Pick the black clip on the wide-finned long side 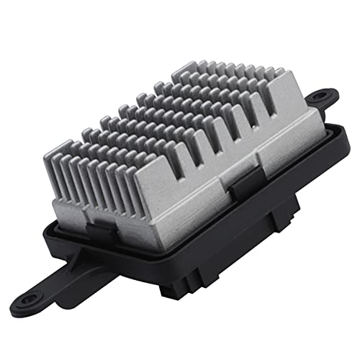(x=242, y=183)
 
